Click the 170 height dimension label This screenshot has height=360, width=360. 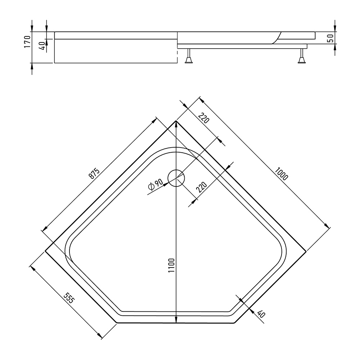(x=27, y=41)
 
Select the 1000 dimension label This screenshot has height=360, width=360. (x=281, y=174)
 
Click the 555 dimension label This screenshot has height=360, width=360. (x=69, y=298)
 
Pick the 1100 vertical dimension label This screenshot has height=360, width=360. (x=171, y=265)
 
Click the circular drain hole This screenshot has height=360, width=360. (x=176, y=178)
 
